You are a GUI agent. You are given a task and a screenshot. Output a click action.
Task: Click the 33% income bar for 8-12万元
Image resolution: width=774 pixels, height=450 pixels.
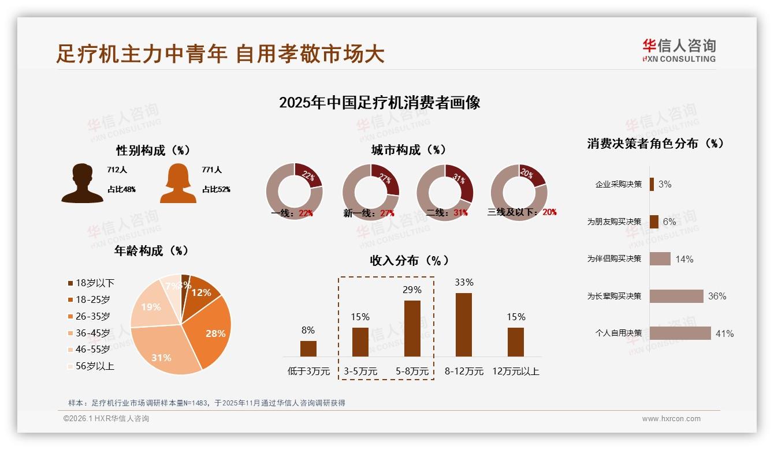(464, 324)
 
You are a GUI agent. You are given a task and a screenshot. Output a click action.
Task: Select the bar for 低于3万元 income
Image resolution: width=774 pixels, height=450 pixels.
(308, 348)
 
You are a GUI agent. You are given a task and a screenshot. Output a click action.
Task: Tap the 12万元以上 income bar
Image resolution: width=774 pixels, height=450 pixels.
(516, 342)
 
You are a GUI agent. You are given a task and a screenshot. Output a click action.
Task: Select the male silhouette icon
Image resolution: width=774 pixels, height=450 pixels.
(83, 183)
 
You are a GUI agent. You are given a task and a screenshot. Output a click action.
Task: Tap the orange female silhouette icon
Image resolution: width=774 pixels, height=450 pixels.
(178, 183)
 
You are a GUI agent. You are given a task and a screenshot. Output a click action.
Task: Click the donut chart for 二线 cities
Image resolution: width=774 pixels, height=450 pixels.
(445, 192)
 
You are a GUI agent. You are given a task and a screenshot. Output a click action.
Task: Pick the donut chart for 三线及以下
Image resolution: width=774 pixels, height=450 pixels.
(519, 192)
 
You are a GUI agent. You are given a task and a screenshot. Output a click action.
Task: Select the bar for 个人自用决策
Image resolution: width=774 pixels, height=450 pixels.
(680, 333)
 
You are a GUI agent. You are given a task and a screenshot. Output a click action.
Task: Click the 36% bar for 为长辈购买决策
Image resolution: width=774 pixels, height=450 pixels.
(676, 296)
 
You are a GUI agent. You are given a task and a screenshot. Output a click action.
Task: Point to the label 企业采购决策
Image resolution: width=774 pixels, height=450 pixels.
(619, 184)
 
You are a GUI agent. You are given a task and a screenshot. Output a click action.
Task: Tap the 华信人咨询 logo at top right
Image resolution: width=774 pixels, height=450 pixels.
(679, 50)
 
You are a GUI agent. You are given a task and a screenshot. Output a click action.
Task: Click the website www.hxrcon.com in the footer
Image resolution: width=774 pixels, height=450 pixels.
(671, 419)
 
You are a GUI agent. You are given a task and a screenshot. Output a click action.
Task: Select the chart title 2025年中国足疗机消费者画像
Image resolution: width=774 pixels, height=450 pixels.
(379, 103)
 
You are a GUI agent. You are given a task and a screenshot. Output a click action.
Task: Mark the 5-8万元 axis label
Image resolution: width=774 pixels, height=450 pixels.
(412, 372)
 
